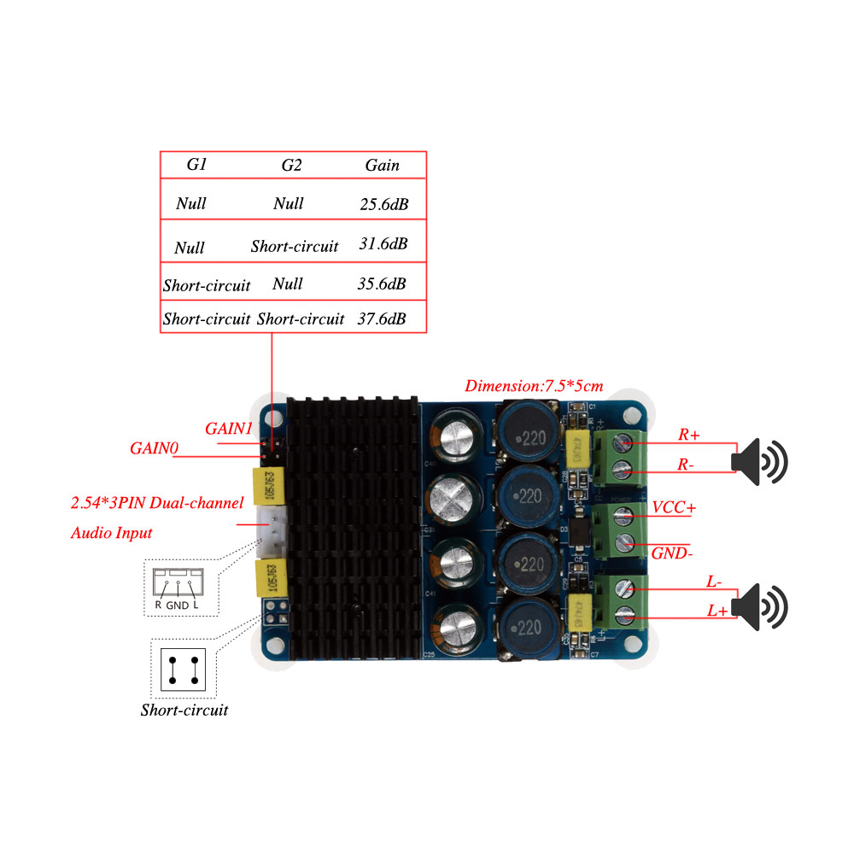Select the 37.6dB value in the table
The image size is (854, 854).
(382, 319)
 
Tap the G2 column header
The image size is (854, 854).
(291, 165)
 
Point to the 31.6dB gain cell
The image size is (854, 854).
(382, 244)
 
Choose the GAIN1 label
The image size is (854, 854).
(228, 427)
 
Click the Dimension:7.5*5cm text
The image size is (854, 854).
(534, 386)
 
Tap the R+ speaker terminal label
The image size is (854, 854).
(688, 435)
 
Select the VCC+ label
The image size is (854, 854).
(674, 507)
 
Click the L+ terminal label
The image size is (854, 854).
(717, 611)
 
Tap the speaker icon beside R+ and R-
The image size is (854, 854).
(760, 461)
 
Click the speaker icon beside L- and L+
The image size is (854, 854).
(760, 607)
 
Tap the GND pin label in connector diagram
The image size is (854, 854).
(178, 605)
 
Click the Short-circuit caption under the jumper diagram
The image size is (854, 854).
(184, 710)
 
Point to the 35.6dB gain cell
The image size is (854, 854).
(381, 284)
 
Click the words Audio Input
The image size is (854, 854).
(111, 533)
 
